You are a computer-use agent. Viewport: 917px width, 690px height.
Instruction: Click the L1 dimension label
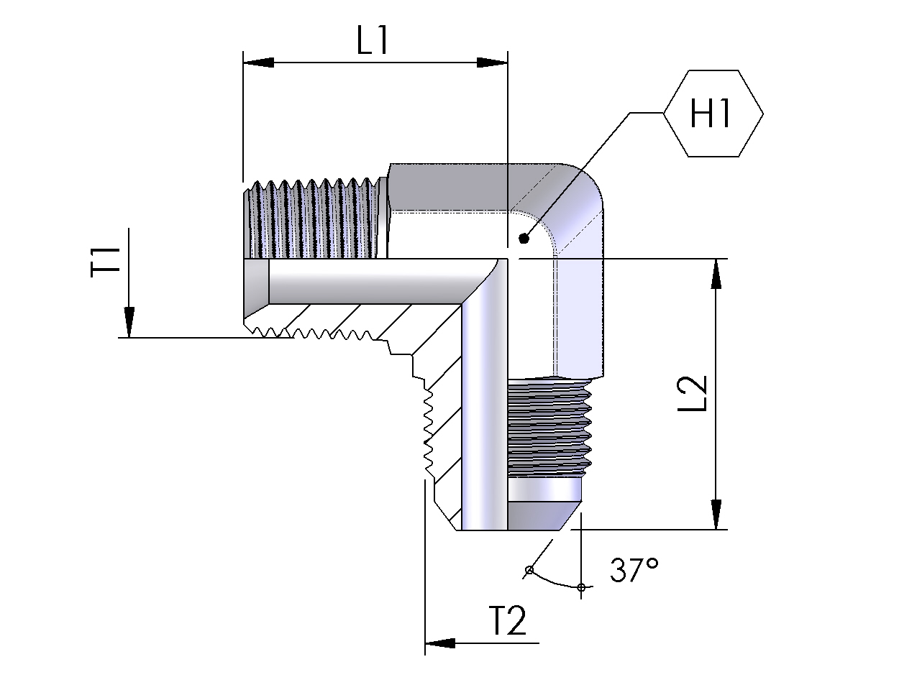pos(373,40)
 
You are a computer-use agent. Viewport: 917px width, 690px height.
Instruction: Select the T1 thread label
pos(106,262)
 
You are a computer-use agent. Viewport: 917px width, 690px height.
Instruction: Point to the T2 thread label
pos(508,620)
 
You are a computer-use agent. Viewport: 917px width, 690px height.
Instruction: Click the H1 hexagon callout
pos(713,113)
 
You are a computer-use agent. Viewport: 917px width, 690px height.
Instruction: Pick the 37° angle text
pos(634,569)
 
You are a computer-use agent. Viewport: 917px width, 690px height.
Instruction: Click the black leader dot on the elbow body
pos(524,239)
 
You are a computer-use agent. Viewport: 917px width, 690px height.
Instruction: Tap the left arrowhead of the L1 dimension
pos(258,63)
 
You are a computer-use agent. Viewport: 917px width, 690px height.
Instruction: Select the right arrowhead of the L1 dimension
pos(493,63)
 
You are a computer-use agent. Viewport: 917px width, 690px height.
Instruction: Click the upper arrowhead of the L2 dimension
pos(716,274)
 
